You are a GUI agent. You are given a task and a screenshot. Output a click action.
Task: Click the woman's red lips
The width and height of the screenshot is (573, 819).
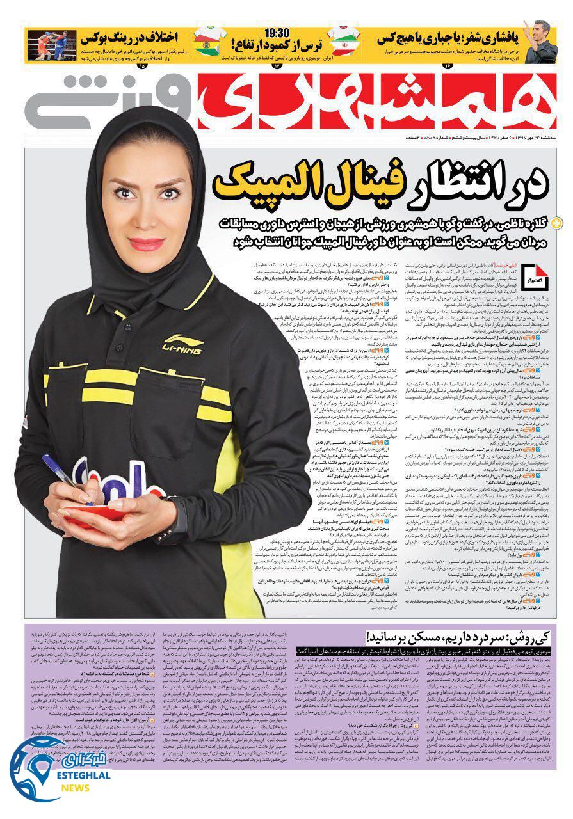click(x=147, y=244)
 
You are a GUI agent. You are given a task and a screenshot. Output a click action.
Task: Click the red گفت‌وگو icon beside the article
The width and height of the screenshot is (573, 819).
click(x=533, y=275)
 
